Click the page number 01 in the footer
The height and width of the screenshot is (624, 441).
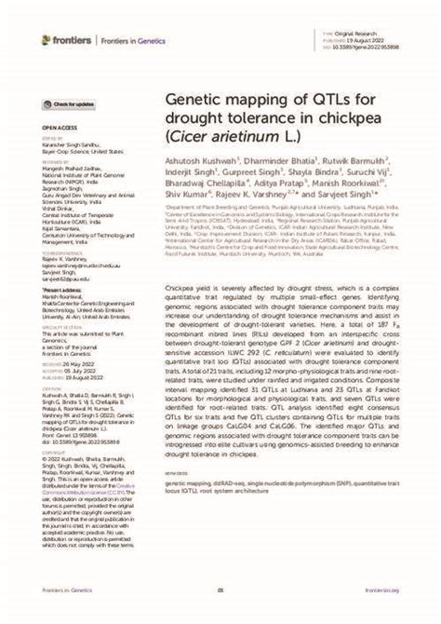(220, 590)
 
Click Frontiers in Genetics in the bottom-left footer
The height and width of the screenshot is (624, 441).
(65, 590)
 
